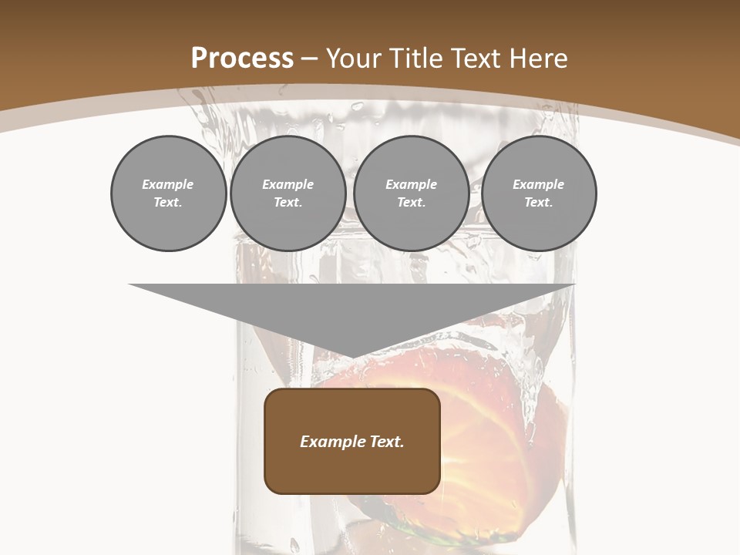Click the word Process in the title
tap(242, 59)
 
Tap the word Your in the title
tap(354, 59)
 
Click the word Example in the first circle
tap(168, 184)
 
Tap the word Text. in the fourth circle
tap(538, 202)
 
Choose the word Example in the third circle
tap(411, 184)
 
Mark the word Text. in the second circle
tap(288, 202)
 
